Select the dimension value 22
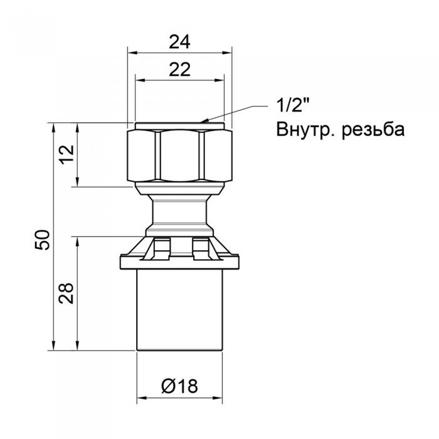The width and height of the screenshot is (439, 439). click(180, 71)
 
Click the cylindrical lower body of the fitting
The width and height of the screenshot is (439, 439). click(180, 307)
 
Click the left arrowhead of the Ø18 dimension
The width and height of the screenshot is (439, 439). click(140, 399)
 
